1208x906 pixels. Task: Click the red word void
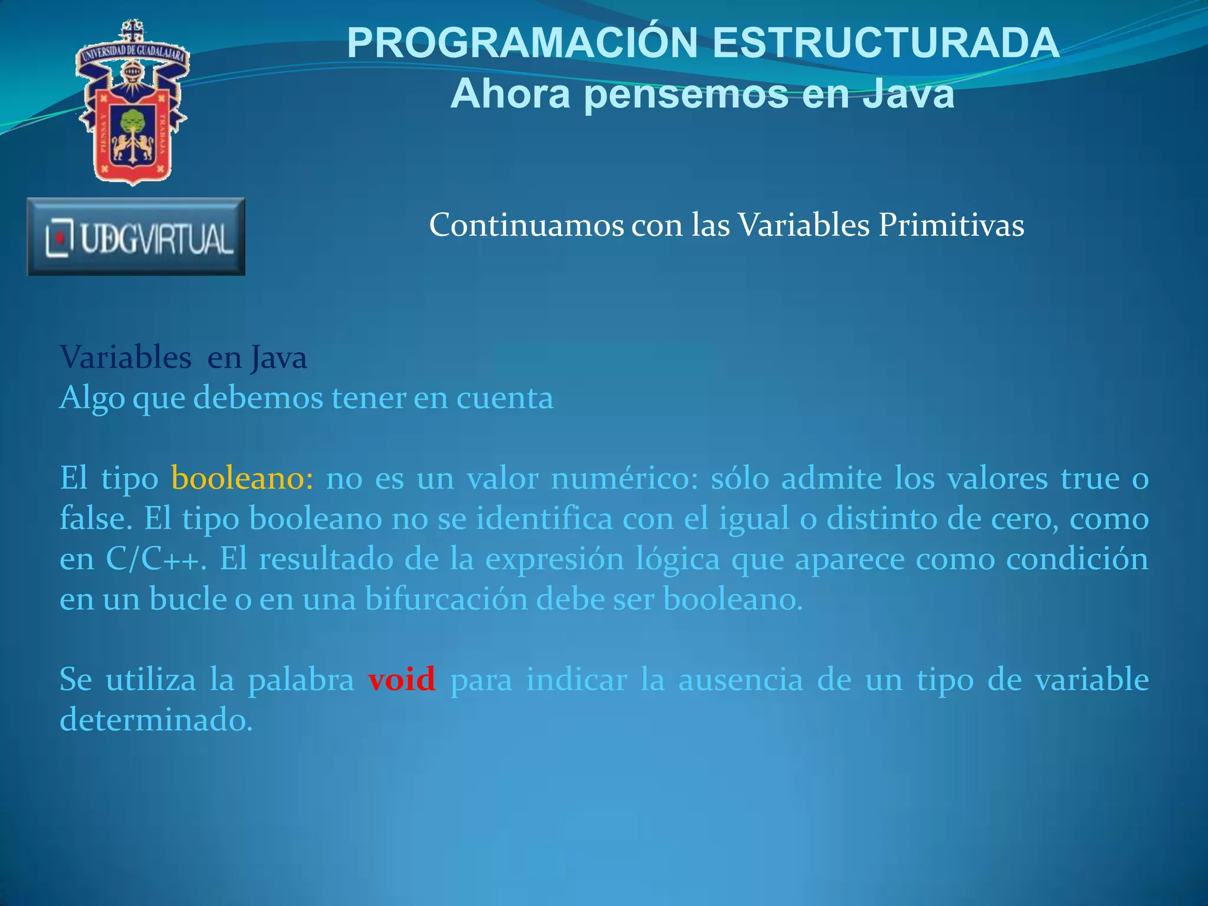tap(401, 679)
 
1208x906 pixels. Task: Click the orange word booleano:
tap(242, 478)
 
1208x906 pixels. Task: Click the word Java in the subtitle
tap(908, 94)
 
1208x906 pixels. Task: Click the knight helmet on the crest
tap(132, 74)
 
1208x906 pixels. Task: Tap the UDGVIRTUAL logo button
tap(136, 237)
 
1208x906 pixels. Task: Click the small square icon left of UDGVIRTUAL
tap(60, 238)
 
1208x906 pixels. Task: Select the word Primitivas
tap(951, 225)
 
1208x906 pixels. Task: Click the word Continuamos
tap(526, 225)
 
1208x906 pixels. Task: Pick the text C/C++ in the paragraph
tap(156, 559)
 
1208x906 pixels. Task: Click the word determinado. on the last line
tap(156, 720)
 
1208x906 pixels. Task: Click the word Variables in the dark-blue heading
tap(126, 357)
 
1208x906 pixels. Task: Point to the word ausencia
tap(741, 679)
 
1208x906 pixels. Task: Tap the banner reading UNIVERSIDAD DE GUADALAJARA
tap(133, 53)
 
